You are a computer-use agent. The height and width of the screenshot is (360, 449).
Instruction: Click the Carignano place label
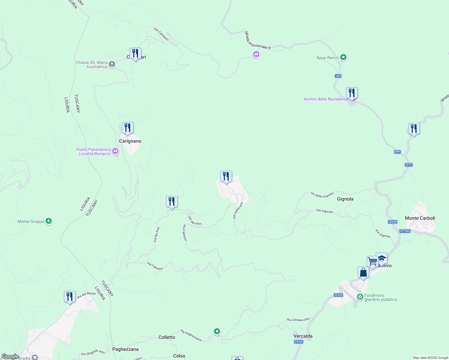pyautogui.click(x=130, y=141)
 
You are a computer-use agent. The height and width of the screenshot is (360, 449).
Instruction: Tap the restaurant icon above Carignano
pyautogui.click(x=128, y=128)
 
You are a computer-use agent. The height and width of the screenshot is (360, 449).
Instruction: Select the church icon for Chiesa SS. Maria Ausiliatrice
pyautogui.click(x=112, y=64)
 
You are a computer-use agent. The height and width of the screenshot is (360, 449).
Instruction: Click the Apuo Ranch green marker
pyautogui.click(x=343, y=57)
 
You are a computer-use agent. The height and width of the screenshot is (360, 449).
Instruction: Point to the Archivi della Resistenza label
pyautogui.click(x=326, y=99)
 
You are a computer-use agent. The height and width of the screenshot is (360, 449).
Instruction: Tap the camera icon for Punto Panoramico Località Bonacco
pyautogui.click(x=115, y=151)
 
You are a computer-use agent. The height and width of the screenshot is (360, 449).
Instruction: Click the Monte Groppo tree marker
pyautogui.click(x=49, y=221)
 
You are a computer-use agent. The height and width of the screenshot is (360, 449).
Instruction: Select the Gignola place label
pyautogui.click(x=345, y=199)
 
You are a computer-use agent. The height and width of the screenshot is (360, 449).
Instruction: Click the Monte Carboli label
pyautogui.click(x=420, y=218)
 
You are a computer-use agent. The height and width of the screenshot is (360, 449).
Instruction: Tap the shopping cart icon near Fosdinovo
pyautogui.click(x=372, y=262)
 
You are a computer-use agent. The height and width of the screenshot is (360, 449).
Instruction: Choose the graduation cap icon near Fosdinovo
pyautogui.click(x=381, y=258)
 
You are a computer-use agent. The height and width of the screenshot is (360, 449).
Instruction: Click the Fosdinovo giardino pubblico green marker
pyautogui.click(x=360, y=297)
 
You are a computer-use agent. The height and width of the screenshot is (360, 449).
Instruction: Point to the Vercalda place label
pyautogui.click(x=303, y=336)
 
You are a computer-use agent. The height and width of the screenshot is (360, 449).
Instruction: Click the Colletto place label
pyautogui.click(x=167, y=337)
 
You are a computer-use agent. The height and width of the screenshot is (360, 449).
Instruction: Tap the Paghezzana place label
pyautogui.click(x=125, y=349)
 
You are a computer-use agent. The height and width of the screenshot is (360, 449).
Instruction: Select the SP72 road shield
pyautogui.click(x=408, y=165)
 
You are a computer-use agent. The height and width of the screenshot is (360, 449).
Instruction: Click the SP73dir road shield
pyautogui.click(x=405, y=231)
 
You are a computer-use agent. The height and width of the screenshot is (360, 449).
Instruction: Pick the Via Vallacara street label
pyautogui.click(x=238, y=211)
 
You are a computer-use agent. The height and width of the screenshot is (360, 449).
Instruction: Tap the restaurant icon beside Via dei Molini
pyautogui.click(x=70, y=297)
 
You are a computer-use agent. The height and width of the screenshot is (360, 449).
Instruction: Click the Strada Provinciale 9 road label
pyautogui.click(x=257, y=40)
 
